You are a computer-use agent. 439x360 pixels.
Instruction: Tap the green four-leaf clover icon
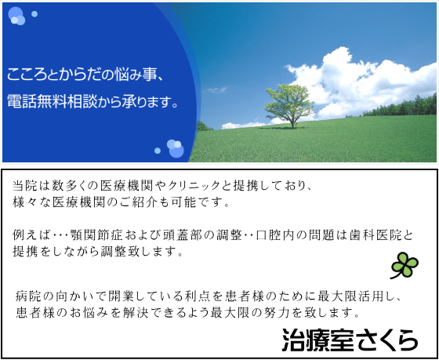[x=405, y=265]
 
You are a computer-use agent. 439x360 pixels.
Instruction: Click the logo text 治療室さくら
[x=350, y=340]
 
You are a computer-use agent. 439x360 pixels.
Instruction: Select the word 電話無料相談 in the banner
[x=53, y=102]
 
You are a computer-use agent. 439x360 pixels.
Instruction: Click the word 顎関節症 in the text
[x=96, y=235]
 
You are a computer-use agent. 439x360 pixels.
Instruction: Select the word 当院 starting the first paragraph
[x=25, y=186]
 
